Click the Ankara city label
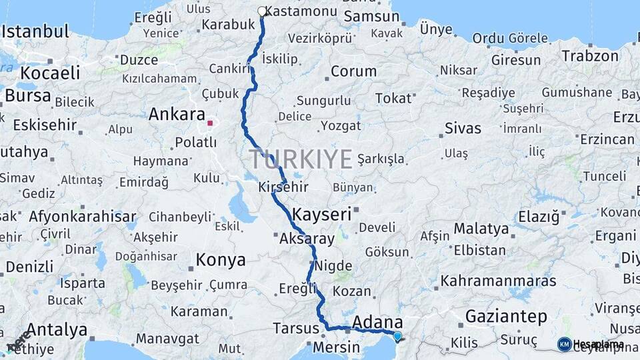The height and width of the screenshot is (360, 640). click(x=176, y=114)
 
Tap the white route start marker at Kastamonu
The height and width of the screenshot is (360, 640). click(x=262, y=11)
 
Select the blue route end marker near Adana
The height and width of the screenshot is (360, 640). click(x=398, y=337)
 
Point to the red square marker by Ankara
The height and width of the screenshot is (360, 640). click(x=210, y=123)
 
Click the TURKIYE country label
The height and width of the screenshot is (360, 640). click(x=301, y=159)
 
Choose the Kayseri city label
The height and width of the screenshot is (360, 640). click(x=321, y=214)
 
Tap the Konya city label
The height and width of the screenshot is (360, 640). click(x=221, y=259)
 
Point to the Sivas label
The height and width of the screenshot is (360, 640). click(x=463, y=128)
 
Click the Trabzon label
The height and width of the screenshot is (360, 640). click(x=589, y=55)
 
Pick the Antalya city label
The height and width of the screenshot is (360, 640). click(x=57, y=329)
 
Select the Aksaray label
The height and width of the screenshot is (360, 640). click(x=307, y=238)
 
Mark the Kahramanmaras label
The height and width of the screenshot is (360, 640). click(x=498, y=280)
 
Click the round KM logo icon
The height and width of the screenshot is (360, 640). click(x=564, y=344)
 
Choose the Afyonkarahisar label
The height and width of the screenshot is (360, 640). click(x=82, y=216)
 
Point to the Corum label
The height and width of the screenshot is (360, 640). click(x=353, y=71)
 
